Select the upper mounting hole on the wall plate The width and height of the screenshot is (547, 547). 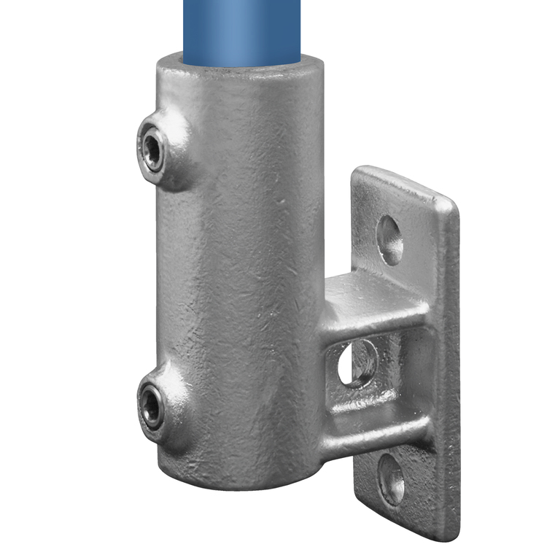coord(390,240)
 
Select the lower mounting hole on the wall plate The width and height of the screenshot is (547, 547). coord(392,479)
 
